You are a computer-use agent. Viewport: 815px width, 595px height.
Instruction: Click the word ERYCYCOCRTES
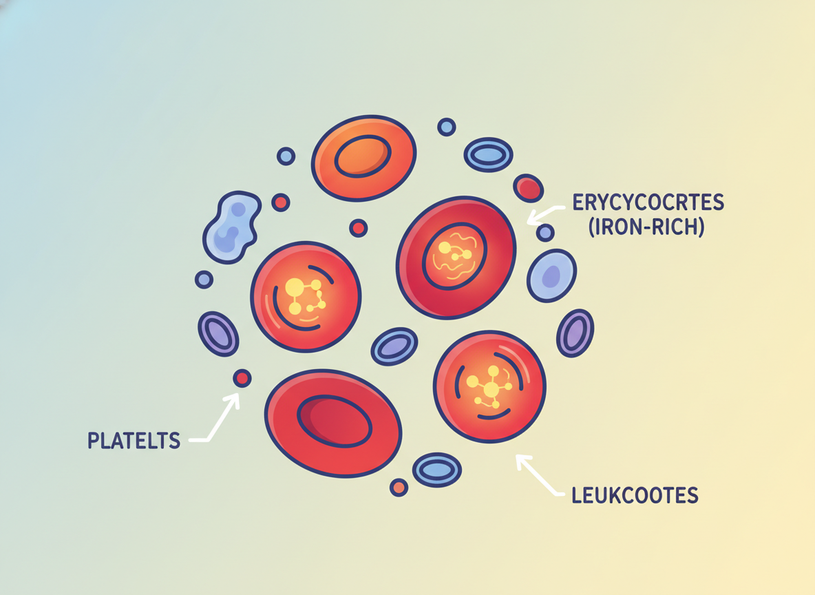pyautogui.click(x=648, y=202)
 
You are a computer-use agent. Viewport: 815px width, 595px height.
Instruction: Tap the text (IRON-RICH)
pyautogui.click(x=646, y=227)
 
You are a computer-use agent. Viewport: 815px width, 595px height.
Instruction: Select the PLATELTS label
pyautogui.click(x=134, y=441)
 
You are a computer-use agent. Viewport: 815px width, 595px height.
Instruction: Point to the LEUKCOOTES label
pyautogui.click(x=635, y=495)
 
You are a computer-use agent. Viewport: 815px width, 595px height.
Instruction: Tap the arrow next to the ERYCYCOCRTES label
pyautogui.click(x=546, y=213)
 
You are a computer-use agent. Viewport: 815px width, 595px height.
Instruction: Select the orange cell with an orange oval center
pyautogui.click(x=364, y=158)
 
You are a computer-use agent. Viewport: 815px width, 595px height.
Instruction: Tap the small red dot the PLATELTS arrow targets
pyautogui.click(x=242, y=378)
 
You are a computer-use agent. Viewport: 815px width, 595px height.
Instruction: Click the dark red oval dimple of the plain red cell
pyautogui.click(x=335, y=421)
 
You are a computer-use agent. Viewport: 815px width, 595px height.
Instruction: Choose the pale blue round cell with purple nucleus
pyautogui.click(x=551, y=275)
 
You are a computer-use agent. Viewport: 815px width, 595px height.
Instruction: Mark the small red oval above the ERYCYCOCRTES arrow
pyautogui.click(x=529, y=188)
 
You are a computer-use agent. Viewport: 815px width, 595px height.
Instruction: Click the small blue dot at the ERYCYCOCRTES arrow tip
pyautogui.click(x=545, y=233)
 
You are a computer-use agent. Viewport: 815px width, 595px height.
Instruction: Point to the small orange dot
pyautogui.click(x=399, y=488)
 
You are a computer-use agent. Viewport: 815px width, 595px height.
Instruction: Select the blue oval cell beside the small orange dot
pyautogui.click(x=437, y=470)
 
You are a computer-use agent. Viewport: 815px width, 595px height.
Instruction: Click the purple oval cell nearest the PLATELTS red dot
pyautogui.click(x=218, y=334)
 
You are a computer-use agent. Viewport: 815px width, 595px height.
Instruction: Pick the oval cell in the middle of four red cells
pyautogui.click(x=394, y=346)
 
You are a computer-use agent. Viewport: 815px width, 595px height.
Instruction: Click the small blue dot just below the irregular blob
pyautogui.click(x=204, y=280)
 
